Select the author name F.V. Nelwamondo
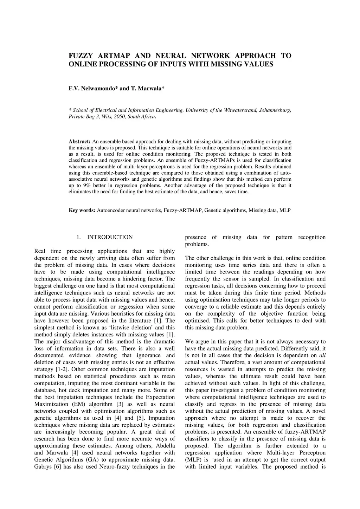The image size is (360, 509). [x=92, y=88]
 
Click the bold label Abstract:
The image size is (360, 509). [x=79, y=141]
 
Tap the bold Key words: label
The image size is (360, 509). [x=82, y=211]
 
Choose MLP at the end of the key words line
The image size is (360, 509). [x=285, y=211]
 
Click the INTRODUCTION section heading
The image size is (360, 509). [x=110, y=237]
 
